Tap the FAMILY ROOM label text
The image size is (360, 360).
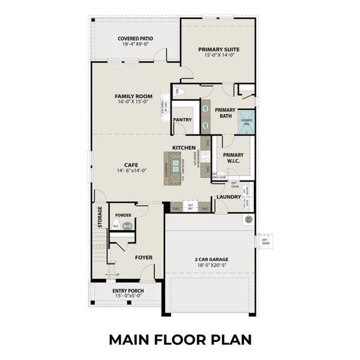click(x=134, y=96)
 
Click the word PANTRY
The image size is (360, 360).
click(x=182, y=119)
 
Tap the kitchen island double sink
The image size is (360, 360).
click(x=175, y=163)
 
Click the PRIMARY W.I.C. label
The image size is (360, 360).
click(x=233, y=157)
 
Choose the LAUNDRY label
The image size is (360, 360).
click(x=229, y=197)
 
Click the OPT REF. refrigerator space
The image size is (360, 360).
click(x=190, y=208)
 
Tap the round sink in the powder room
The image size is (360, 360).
click(x=127, y=226)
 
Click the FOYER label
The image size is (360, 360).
click(x=143, y=257)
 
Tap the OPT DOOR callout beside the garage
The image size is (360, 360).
click(x=265, y=242)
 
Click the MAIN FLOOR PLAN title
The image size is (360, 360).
click(x=180, y=339)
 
